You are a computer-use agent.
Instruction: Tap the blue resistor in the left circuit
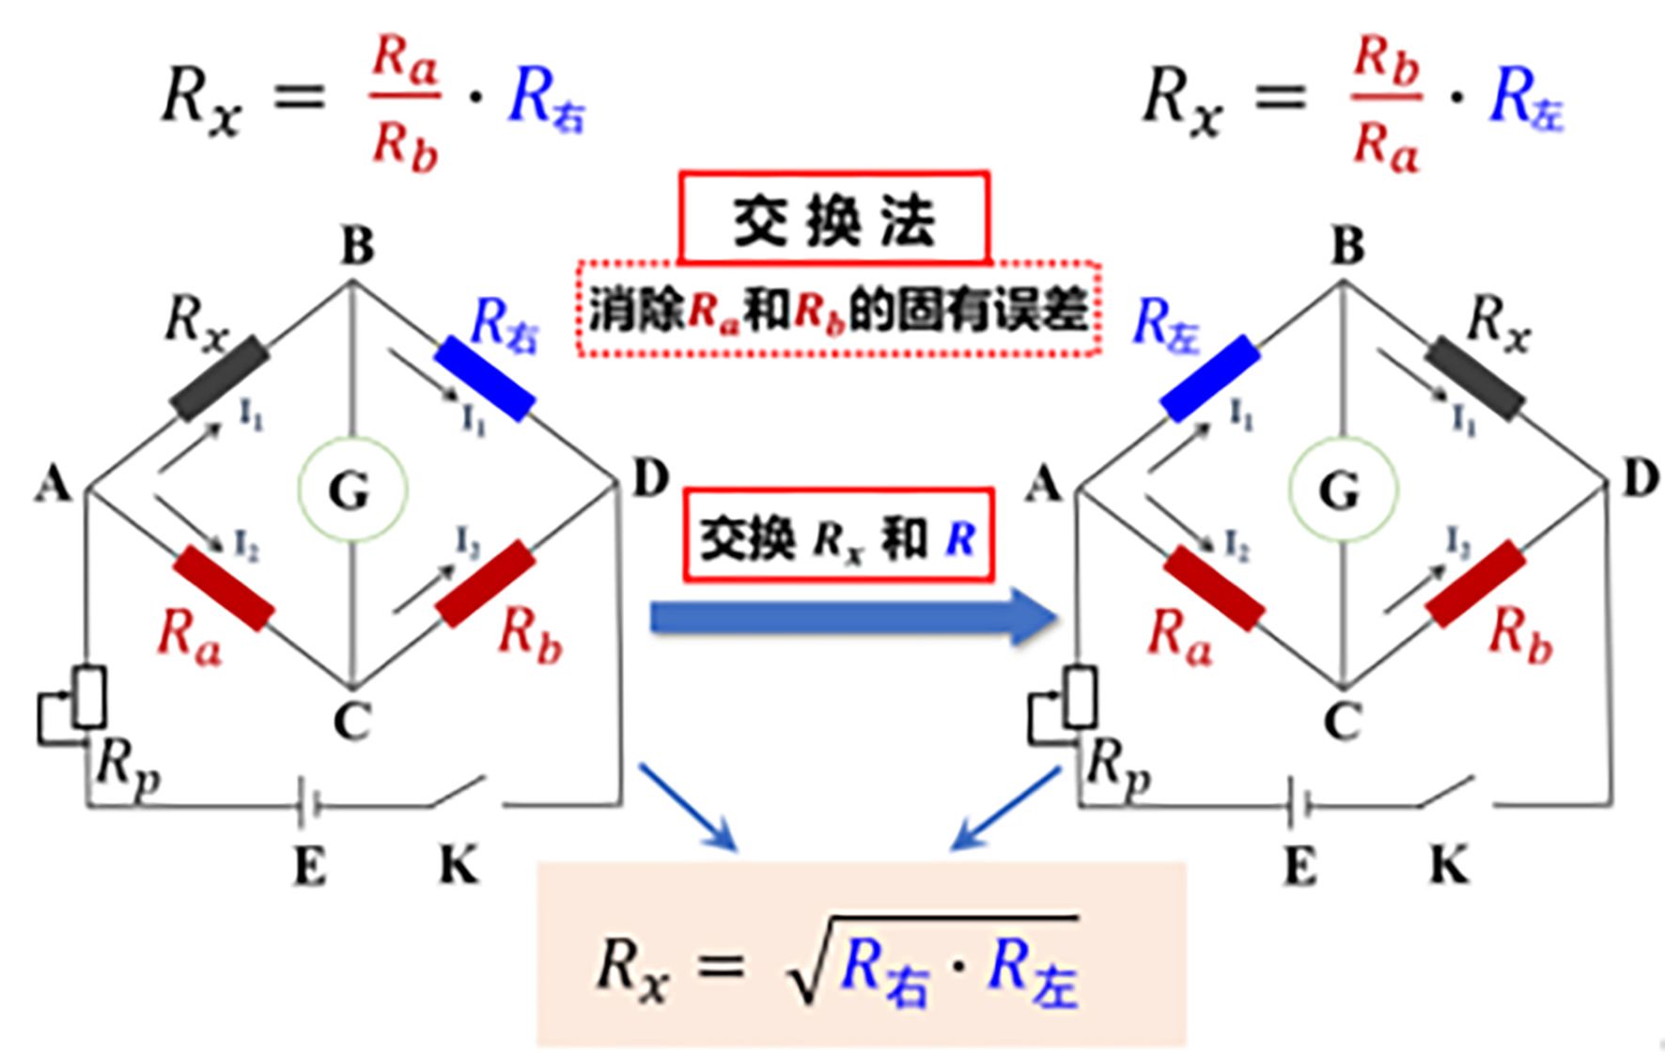485,378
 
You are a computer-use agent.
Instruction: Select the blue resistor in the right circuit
1211,378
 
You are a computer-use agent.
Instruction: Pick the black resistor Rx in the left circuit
220,378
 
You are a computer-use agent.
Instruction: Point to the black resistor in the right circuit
1475,378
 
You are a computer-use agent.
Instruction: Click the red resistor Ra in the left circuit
225,589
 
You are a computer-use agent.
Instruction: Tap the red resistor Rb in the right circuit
1476,583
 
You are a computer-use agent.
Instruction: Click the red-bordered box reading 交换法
834,217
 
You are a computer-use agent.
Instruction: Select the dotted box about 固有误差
838,309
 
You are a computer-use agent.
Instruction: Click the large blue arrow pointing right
849,617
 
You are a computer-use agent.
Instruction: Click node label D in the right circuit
1641,480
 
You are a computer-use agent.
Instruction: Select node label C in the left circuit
352,722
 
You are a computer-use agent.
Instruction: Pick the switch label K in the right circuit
1449,865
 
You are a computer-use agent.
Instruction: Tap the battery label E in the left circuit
309,866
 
